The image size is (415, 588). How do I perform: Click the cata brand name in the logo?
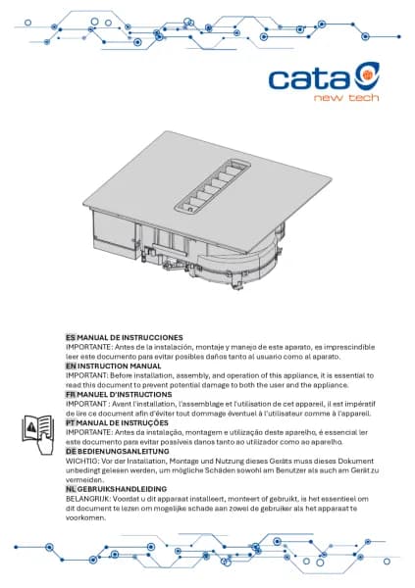coord(309,79)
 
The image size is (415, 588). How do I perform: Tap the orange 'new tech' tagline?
coord(346,98)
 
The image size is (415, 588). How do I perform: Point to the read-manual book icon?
coord(38,434)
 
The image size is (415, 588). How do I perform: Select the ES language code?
coord(71,337)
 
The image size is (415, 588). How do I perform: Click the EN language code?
coord(71,366)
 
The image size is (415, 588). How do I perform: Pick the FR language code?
coord(71,395)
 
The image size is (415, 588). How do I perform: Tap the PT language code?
coord(71,423)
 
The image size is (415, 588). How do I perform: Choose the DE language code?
coord(71,451)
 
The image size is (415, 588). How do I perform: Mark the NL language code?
coord(71,489)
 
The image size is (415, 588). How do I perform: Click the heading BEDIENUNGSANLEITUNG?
coord(124,451)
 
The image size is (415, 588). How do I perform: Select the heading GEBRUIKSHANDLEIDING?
coord(122,489)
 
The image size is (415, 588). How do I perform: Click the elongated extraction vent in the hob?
coord(214,184)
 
